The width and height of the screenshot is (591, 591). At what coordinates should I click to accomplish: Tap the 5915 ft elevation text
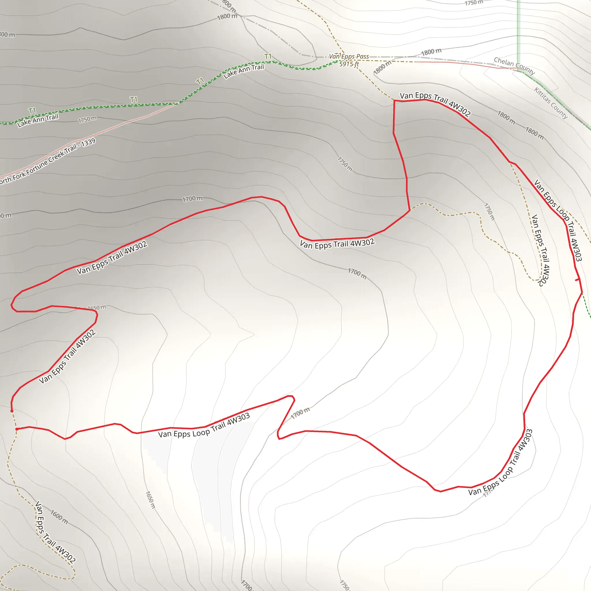[349, 64]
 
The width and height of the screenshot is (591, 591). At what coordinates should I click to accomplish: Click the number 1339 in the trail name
[88, 143]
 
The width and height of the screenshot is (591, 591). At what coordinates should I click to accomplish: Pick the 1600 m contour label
[59, 517]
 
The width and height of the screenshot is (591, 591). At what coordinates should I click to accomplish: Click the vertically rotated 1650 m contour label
[150, 500]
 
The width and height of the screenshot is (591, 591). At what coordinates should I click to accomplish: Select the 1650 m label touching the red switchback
[97, 307]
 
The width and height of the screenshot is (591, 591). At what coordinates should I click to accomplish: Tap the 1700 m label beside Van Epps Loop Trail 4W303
[300, 413]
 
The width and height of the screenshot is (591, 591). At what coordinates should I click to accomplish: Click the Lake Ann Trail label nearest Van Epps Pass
[244, 71]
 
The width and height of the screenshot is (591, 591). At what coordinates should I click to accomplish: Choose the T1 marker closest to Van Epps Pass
[268, 56]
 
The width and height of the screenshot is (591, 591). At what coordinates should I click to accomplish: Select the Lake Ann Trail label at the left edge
[38, 120]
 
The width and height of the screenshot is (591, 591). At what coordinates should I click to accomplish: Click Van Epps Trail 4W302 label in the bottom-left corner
[55, 532]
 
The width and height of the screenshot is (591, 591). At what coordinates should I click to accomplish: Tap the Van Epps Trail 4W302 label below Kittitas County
[540, 250]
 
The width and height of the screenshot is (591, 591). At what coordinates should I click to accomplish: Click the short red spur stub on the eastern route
[577, 280]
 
